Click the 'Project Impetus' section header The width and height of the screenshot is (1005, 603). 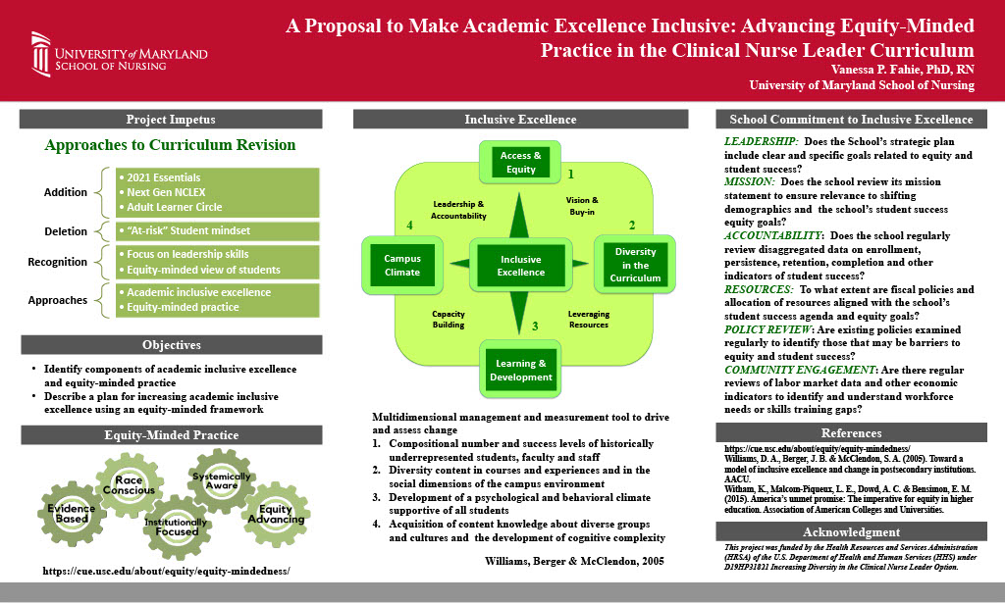[x=171, y=120]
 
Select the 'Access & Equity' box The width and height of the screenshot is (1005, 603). [x=521, y=163]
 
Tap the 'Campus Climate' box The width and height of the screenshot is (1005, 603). [x=395, y=266]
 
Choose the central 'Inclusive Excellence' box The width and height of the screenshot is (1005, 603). [x=520, y=266]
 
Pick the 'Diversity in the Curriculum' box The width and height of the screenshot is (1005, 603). [x=635, y=265]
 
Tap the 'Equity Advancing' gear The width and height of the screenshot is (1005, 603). [x=276, y=514]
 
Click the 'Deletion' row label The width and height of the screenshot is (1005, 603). [x=67, y=231]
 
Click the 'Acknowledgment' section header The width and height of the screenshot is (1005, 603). [x=851, y=531]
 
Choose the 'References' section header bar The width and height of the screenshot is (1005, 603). [x=851, y=432]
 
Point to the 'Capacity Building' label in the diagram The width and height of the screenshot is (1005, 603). [x=448, y=320]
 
